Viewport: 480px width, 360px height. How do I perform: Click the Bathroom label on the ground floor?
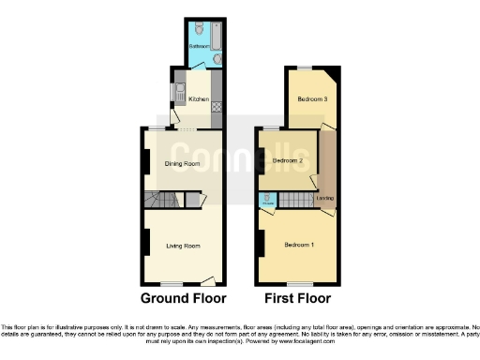click(199, 46)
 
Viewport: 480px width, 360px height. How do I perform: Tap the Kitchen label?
click(199, 98)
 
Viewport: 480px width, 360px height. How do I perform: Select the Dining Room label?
click(184, 164)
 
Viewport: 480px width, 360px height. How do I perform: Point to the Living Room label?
click(184, 247)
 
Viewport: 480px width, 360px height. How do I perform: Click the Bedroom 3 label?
click(312, 98)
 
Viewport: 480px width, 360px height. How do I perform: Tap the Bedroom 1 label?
click(299, 246)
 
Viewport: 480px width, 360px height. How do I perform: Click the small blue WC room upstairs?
click(267, 199)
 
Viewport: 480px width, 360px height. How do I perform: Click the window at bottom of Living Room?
click(172, 283)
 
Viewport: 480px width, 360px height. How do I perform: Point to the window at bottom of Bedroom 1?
click(298, 283)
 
